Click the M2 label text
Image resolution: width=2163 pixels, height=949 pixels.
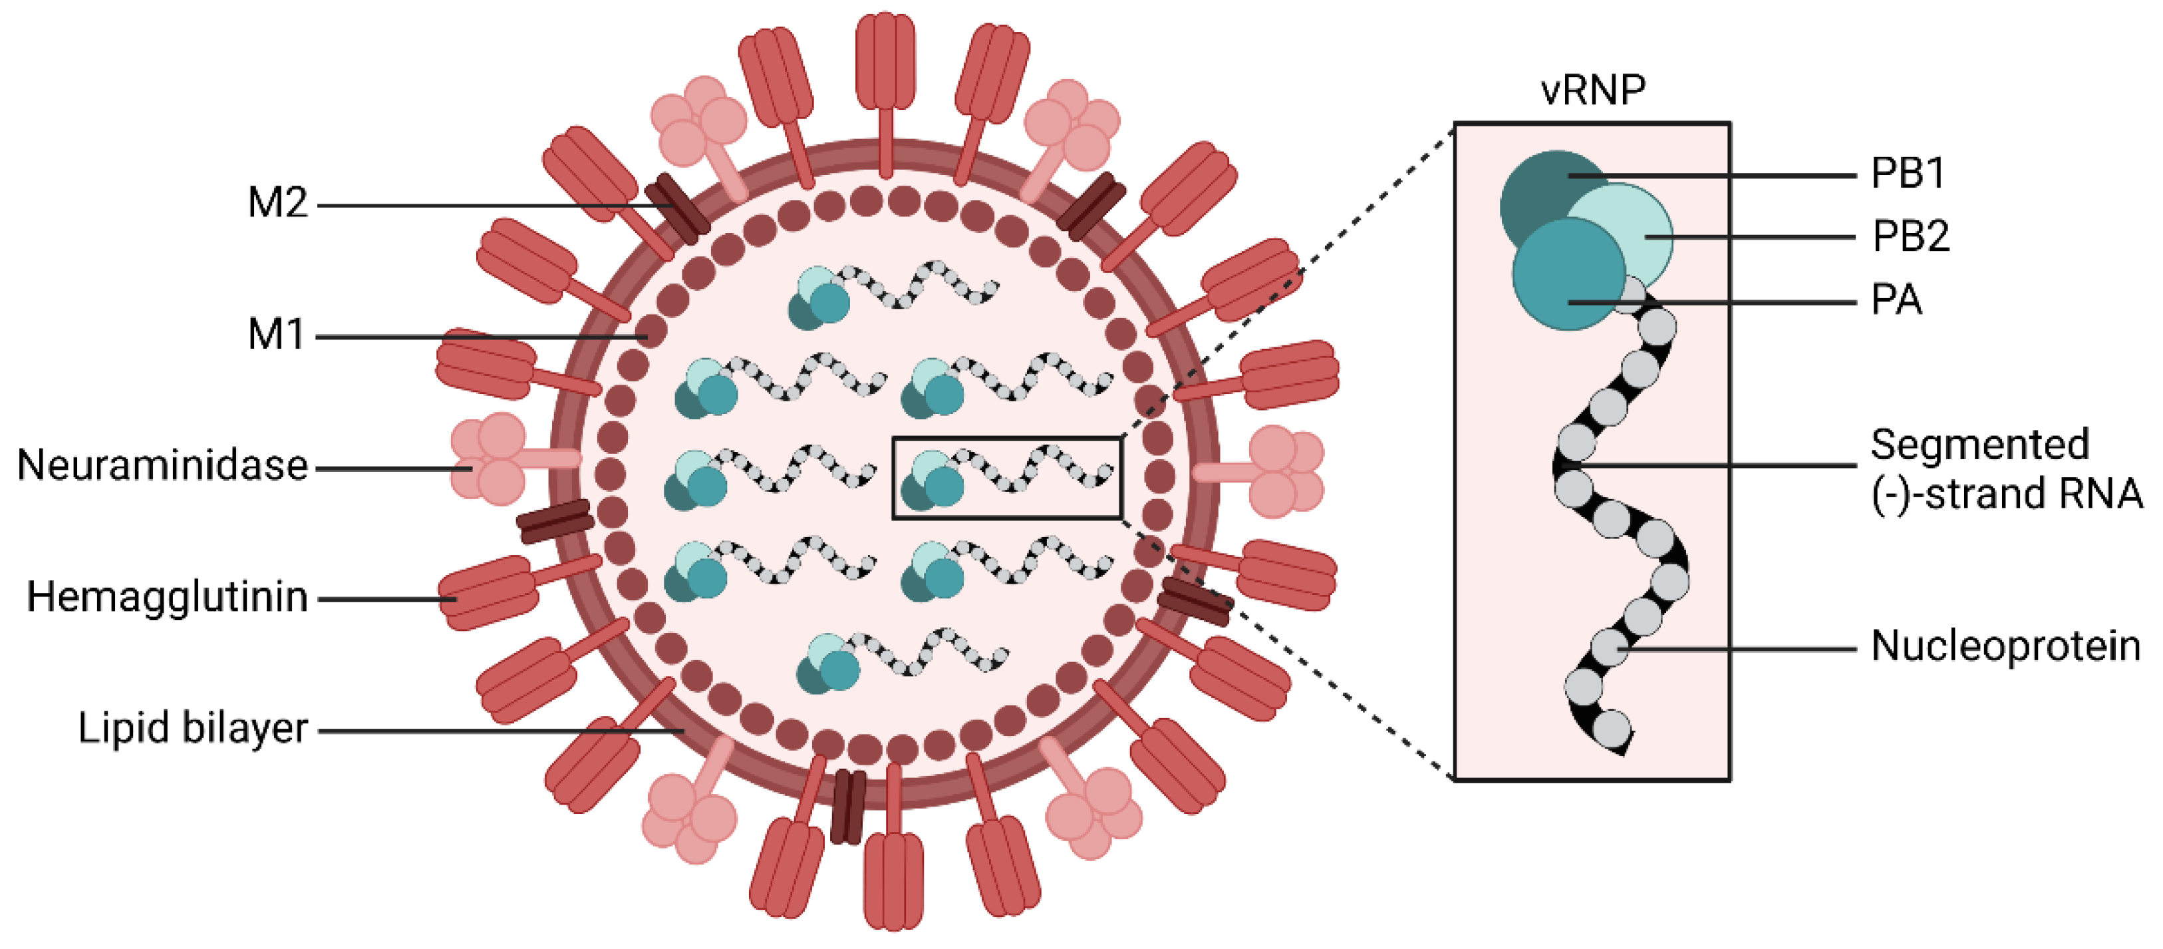pyautogui.click(x=278, y=203)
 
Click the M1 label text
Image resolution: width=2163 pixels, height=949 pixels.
pyautogui.click(x=276, y=335)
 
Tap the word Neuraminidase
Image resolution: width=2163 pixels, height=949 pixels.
pyautogui.click(x=163, y=466)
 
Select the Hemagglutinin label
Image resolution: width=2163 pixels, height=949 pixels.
pyautogui.click(x=167, y=597)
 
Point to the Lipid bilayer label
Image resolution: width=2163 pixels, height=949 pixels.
pyautogui.click(x=192, y=728)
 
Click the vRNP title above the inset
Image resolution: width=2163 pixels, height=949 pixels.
pyautogui.click(x=1593, y=90)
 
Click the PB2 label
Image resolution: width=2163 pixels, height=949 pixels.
pyautogui.click(x=1910, y=237)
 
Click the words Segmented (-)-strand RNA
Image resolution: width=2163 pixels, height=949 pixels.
pyautogui.click(x=2005, y=469)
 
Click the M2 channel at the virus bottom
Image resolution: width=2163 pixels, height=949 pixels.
pyautogui.click(x=848, y=806)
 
